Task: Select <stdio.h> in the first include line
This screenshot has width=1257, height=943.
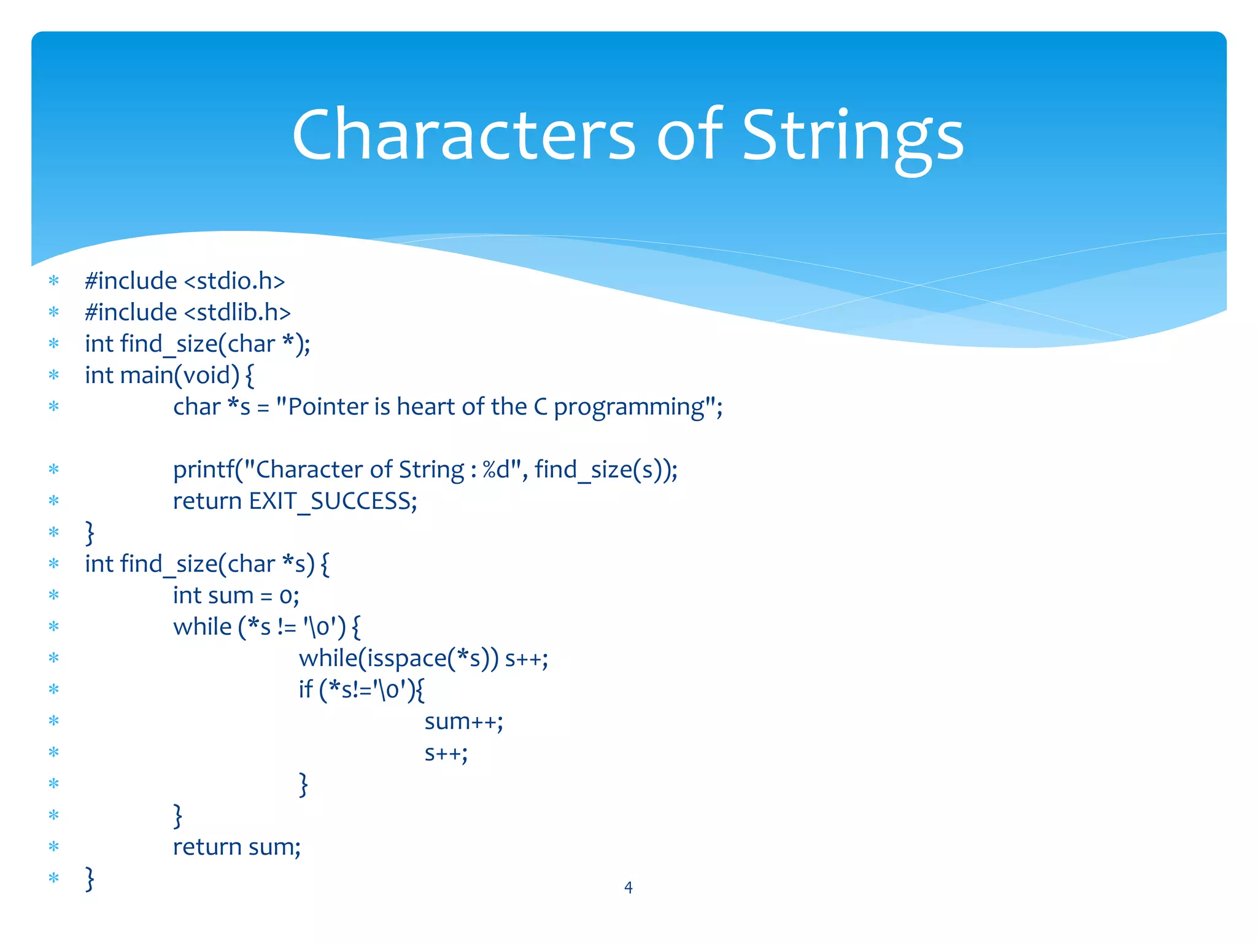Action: (x=234, y=281)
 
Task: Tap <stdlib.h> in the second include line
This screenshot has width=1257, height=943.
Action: (x=237, y=312)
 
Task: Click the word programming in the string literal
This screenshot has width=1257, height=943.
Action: (x=629, y=408)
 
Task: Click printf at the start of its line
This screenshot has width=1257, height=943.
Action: (x=200, y=470)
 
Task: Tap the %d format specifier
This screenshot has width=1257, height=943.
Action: (x=496, y=470)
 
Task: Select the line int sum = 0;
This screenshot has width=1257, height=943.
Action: (x=236, y=596)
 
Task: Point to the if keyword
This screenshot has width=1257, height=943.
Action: (x=305, y=689)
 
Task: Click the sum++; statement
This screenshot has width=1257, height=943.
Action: (x=463, y=722)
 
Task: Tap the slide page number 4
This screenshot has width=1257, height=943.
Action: (x=628, y=887)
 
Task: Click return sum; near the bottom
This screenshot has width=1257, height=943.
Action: (x=236, y=847)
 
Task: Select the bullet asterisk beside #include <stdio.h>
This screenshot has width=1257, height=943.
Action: (x=54, y=282)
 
